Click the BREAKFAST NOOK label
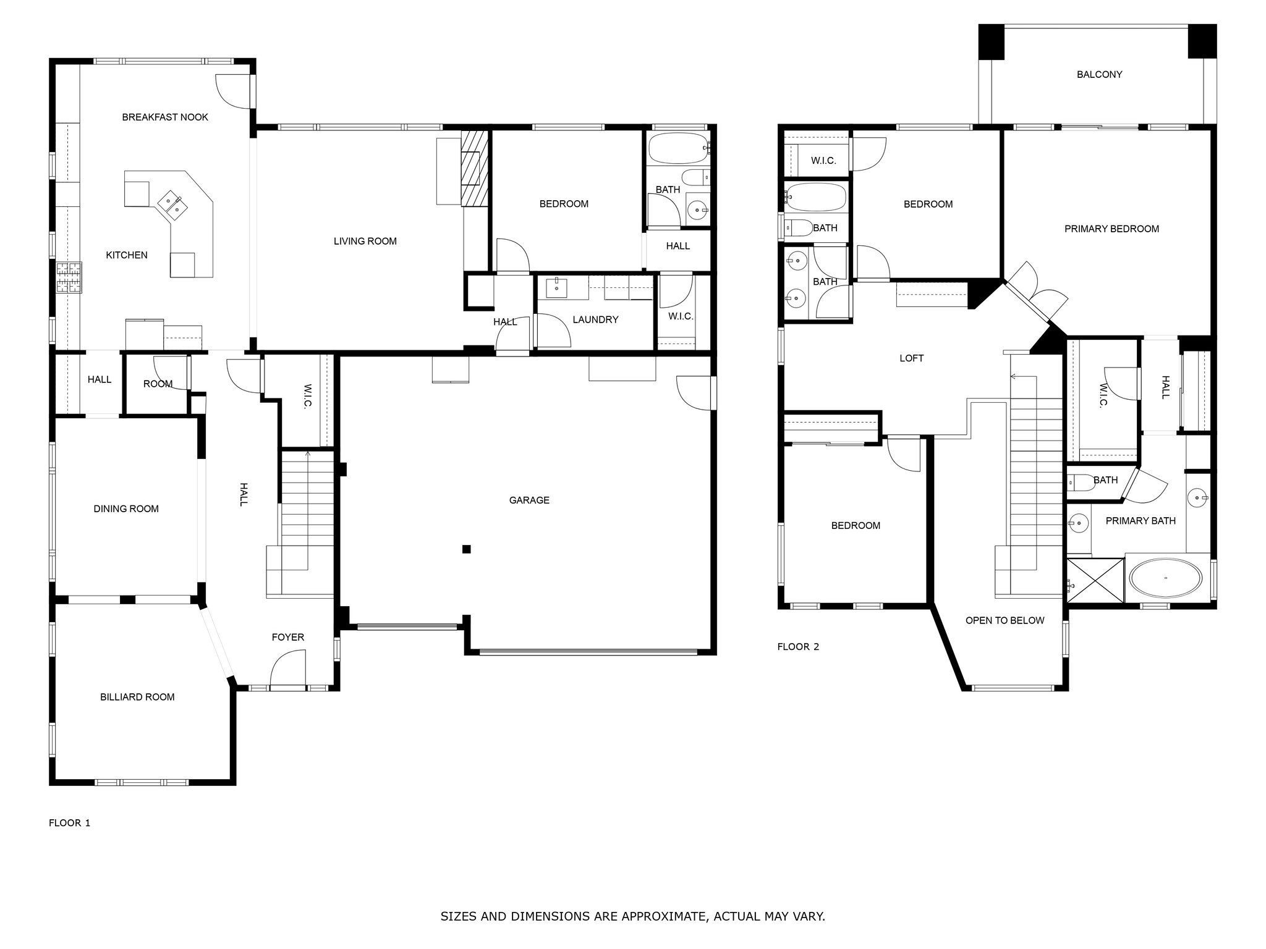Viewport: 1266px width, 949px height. click(165, 117)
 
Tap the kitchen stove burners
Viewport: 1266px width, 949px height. click(69, 277)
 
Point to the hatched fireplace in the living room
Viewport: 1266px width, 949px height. click(474, 168)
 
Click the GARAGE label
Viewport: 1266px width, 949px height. click(529, 500)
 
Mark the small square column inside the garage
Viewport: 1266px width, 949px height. click(467, 549)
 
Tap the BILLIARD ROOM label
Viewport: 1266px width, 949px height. click(137, 697)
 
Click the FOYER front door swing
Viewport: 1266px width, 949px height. click(287, 670)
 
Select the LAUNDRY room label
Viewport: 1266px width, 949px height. click(595, 319)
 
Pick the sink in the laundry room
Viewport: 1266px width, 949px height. click(558, 287)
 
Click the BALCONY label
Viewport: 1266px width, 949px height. click(1099, 74)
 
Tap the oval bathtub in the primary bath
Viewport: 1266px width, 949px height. click(1165, 578)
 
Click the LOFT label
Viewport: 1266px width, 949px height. click(911, 358)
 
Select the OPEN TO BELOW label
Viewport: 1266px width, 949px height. click(1005, 620)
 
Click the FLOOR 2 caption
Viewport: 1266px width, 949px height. click(798, 647)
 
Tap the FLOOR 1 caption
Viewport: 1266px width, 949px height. click(70, 823)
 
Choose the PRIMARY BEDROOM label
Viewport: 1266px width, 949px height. click(1111, 229)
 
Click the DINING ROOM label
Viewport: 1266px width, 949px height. click(126, 508)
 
